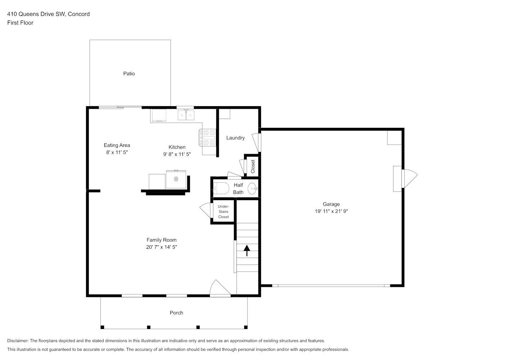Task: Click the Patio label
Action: pyautogui.click(x=129, y=74)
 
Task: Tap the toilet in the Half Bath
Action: pyautogui.click(x=221, y=188)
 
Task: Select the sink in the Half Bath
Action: pyautogui.click(x=252, y=188)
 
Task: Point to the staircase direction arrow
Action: pyautogui.click(x=247, y=251)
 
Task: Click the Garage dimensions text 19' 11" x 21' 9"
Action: pyautogui.click(x=331, y=211)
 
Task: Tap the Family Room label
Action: pyautogui.click(x=161, y=240)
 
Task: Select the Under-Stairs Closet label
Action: pyautogui.click(x=224, y=212)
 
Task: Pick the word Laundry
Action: pyautogui.click(x=235, y=138)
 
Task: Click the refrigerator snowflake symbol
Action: pyautogui.click(x=176, y=179)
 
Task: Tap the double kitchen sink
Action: pyautogui.click(x=186, y=115)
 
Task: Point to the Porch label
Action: pyautogui.click(x=176, y=313)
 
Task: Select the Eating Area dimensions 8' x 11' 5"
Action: pyautogui.click(x=117, y=152)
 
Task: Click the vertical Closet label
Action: pyautogui.click(x=253, y=166)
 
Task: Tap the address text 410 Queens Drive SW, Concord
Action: pyautogui.click(x=48, y=14)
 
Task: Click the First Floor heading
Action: pyautogui.click(x=20, y=23)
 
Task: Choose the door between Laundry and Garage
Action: pyautogui.click(x=257, y=143)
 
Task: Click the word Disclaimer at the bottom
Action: pyautogui.click(x=18, y=341)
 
